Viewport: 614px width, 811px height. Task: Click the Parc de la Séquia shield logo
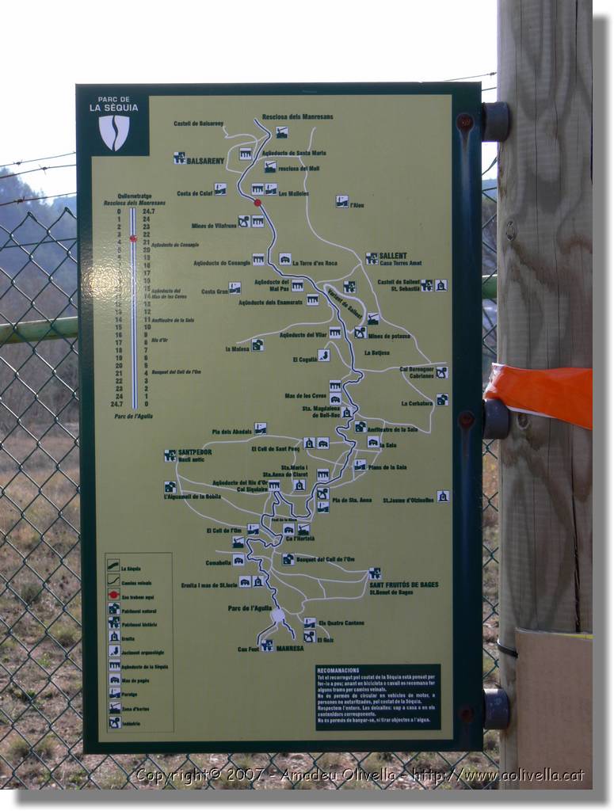(x=114, y=132)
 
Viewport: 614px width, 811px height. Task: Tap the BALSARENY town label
(x=205, y=161)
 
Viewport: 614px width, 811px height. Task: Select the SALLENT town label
(x=392, y=256)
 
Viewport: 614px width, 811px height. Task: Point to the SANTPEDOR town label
(x=195, y=452)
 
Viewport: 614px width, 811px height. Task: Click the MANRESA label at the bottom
(x=290, y=648)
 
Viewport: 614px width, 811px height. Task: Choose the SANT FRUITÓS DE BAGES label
(x=403, y=584)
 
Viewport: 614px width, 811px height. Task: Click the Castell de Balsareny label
(x=198, y=124)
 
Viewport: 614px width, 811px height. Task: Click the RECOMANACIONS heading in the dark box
(x=338, y=670)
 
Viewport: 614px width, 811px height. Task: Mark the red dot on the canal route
(x=257, y=203)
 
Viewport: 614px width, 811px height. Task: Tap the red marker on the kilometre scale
(x=133, y=238)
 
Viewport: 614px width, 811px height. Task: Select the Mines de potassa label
(x=389, y=336)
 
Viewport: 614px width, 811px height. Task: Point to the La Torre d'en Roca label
(x=315, y=263)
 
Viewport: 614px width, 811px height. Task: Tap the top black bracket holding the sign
(x=496, y=121)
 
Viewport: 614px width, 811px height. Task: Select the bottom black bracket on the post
(x=496, y=708)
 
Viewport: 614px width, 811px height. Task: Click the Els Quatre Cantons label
(x=341, y=623)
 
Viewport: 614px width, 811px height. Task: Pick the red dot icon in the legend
(x=114, y=595)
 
